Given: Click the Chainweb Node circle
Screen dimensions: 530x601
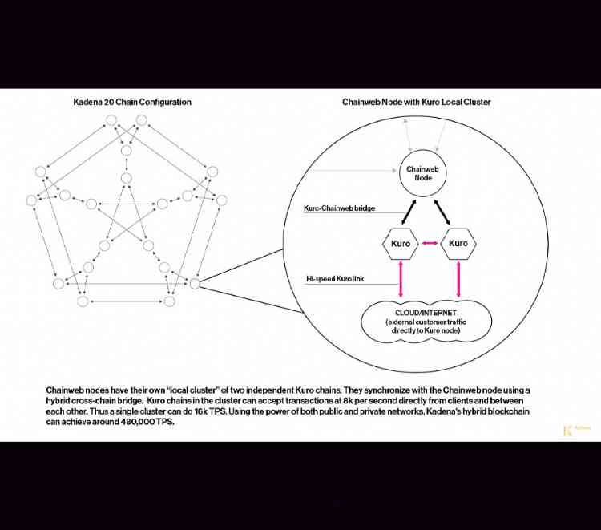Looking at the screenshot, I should (x=419, y=173).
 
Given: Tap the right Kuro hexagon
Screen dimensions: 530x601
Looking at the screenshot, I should (x=458, y=243).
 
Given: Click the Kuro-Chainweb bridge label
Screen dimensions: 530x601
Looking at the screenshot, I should (x=337, y=208).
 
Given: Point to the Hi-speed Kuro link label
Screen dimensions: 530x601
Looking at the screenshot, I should (x=332, y=279).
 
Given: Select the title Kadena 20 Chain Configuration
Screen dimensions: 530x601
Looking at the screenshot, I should (x=132, y=103).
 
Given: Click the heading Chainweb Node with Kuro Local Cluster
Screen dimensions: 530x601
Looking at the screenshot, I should (x=417, y=103).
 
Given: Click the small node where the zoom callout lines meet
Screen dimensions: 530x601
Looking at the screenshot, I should (x=195, y=283).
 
